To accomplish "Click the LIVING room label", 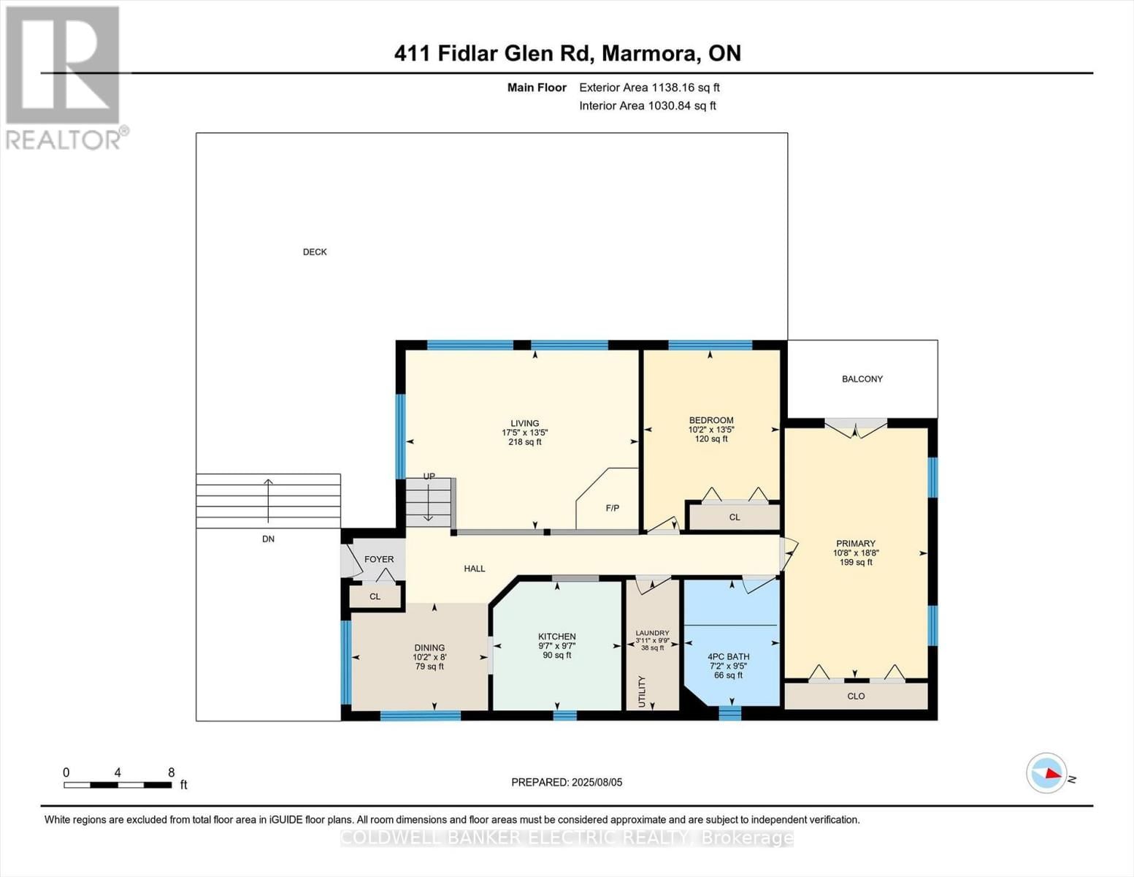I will coord(524,423).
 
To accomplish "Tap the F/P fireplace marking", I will coord(612,508).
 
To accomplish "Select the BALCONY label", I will coord(862,379).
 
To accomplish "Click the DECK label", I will coord(315,252).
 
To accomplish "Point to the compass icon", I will coord(1046,773).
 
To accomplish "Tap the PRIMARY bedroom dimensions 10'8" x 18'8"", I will coord(855,553).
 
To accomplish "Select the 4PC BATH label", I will coord(728,656).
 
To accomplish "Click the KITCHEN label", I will coord(556,637).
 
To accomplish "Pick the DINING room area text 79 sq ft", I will coord(429,667).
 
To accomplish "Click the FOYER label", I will coord(379,559).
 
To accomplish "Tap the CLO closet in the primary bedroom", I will coord(856,696).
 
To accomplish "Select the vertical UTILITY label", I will coord(643,691).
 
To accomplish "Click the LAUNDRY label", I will coord(652,633).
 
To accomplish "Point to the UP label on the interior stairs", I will coord(429,477).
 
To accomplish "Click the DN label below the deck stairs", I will coord(268,539).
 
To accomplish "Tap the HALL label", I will coord(475,569).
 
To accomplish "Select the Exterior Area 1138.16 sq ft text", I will coord(649,88).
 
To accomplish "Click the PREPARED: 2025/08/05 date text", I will coord(567,782).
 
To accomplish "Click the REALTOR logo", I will coord(64,77).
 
